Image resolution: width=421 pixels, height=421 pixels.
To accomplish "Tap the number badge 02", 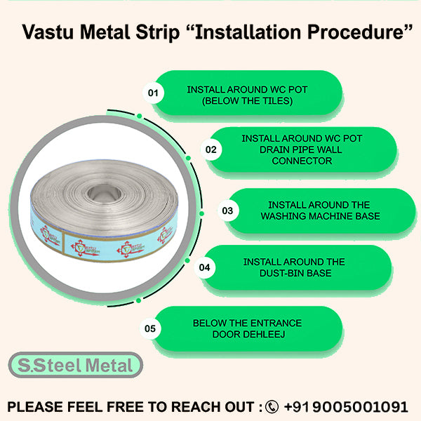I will point(210,149).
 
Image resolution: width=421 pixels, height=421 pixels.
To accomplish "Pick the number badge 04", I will point(205,267).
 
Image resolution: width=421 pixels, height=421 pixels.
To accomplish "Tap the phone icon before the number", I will point(272,406).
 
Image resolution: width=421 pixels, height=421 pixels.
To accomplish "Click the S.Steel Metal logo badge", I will point(76,366).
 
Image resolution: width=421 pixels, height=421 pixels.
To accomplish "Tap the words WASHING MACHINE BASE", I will point(320,216).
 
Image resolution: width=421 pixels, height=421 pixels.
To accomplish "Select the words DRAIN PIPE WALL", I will point(302,149).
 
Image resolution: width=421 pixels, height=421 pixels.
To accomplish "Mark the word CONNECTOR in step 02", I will point(302,161).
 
